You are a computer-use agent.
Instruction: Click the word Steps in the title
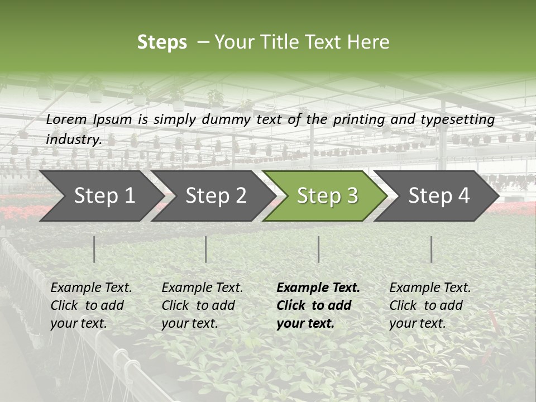tap(162, 42)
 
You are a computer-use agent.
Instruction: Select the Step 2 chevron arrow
tap(216, 195)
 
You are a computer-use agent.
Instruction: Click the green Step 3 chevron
tap(327, 195)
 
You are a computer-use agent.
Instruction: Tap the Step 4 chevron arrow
tap(439, 195)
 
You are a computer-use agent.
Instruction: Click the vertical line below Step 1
tap(94, 249)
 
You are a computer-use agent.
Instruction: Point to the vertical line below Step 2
tap(206, 249)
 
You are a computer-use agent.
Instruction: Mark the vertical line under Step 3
tap(319, 249)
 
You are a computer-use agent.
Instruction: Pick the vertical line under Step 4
tap(432, 249)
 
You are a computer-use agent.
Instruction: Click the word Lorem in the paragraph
tap(66, 119)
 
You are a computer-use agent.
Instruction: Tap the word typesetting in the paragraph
tap(457, 119)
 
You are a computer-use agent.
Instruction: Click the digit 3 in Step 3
tap(352, 196)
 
